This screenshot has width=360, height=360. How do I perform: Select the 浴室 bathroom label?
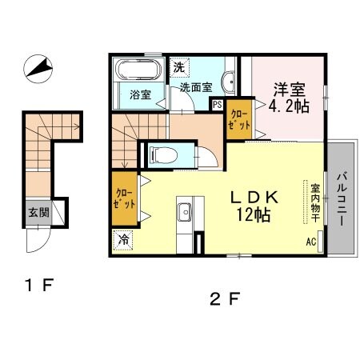pyautogui.click(x=141, y=94)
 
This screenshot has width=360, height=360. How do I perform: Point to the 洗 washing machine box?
pyautogui.click(x=180, y=66)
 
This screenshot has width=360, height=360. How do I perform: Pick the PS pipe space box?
pyautogui.click(x=217, y=103)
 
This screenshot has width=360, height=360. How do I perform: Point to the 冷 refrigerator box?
pyautogui.click(x=125, y=239)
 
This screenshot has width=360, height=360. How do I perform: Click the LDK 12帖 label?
pyautogui.click(x=254, y=204)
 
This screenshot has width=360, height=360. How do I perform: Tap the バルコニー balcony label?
pyautogui.click(x=342, y=199)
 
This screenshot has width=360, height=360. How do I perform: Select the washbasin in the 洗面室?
pyautogui.click(x=229, y=79)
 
